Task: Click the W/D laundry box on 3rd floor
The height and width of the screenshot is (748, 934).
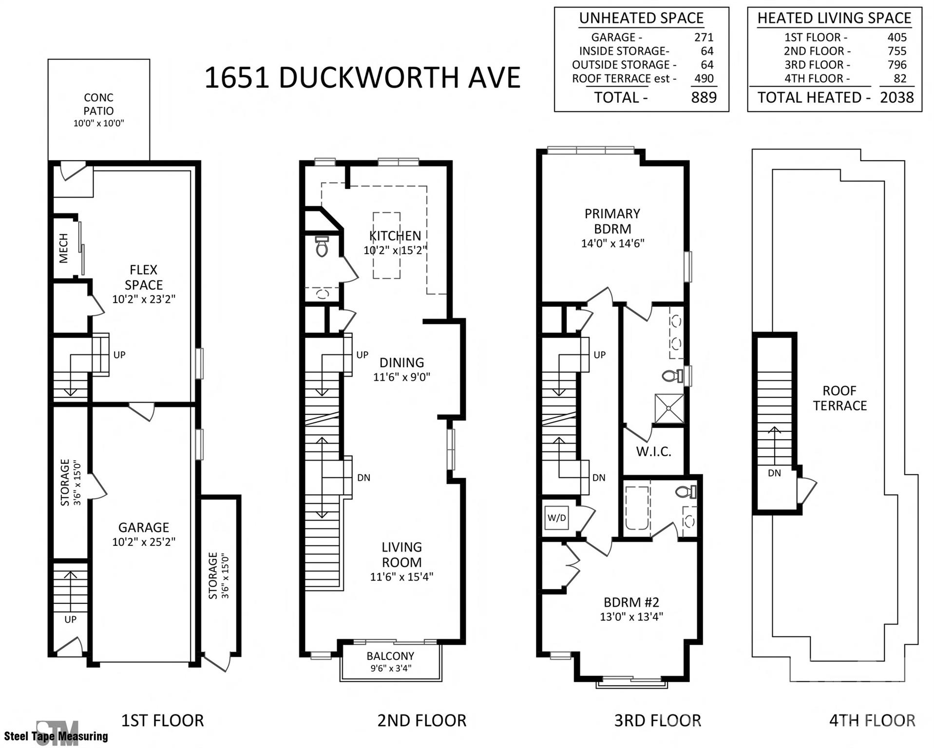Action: [x=556, y=518]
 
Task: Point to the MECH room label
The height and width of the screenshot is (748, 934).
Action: [x=64, y=248]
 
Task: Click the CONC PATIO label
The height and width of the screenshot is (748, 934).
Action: [x=98, y=104]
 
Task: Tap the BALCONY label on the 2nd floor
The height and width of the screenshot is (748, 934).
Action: [x=390, y=656]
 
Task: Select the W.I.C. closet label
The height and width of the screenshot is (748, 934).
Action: [x=653, y=451]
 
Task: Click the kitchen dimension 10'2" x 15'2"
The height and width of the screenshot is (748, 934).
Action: [x=395, y=250]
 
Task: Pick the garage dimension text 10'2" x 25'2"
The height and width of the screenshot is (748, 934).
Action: [x=143, y=542]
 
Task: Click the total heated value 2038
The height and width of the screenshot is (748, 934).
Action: [x=896, y=97]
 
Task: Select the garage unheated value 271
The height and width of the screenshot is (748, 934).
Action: [x=704, y=37]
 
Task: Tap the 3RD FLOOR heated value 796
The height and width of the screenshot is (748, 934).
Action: [x=896, y=65]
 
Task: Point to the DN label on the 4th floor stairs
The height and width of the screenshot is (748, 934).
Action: [x=774, y=473]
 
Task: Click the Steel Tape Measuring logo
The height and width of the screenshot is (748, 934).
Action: [x=56, y=732]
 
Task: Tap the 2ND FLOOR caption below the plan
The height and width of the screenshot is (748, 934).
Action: [x=421, y=720]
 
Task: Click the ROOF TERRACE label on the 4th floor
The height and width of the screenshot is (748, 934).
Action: [x=839, y=398]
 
